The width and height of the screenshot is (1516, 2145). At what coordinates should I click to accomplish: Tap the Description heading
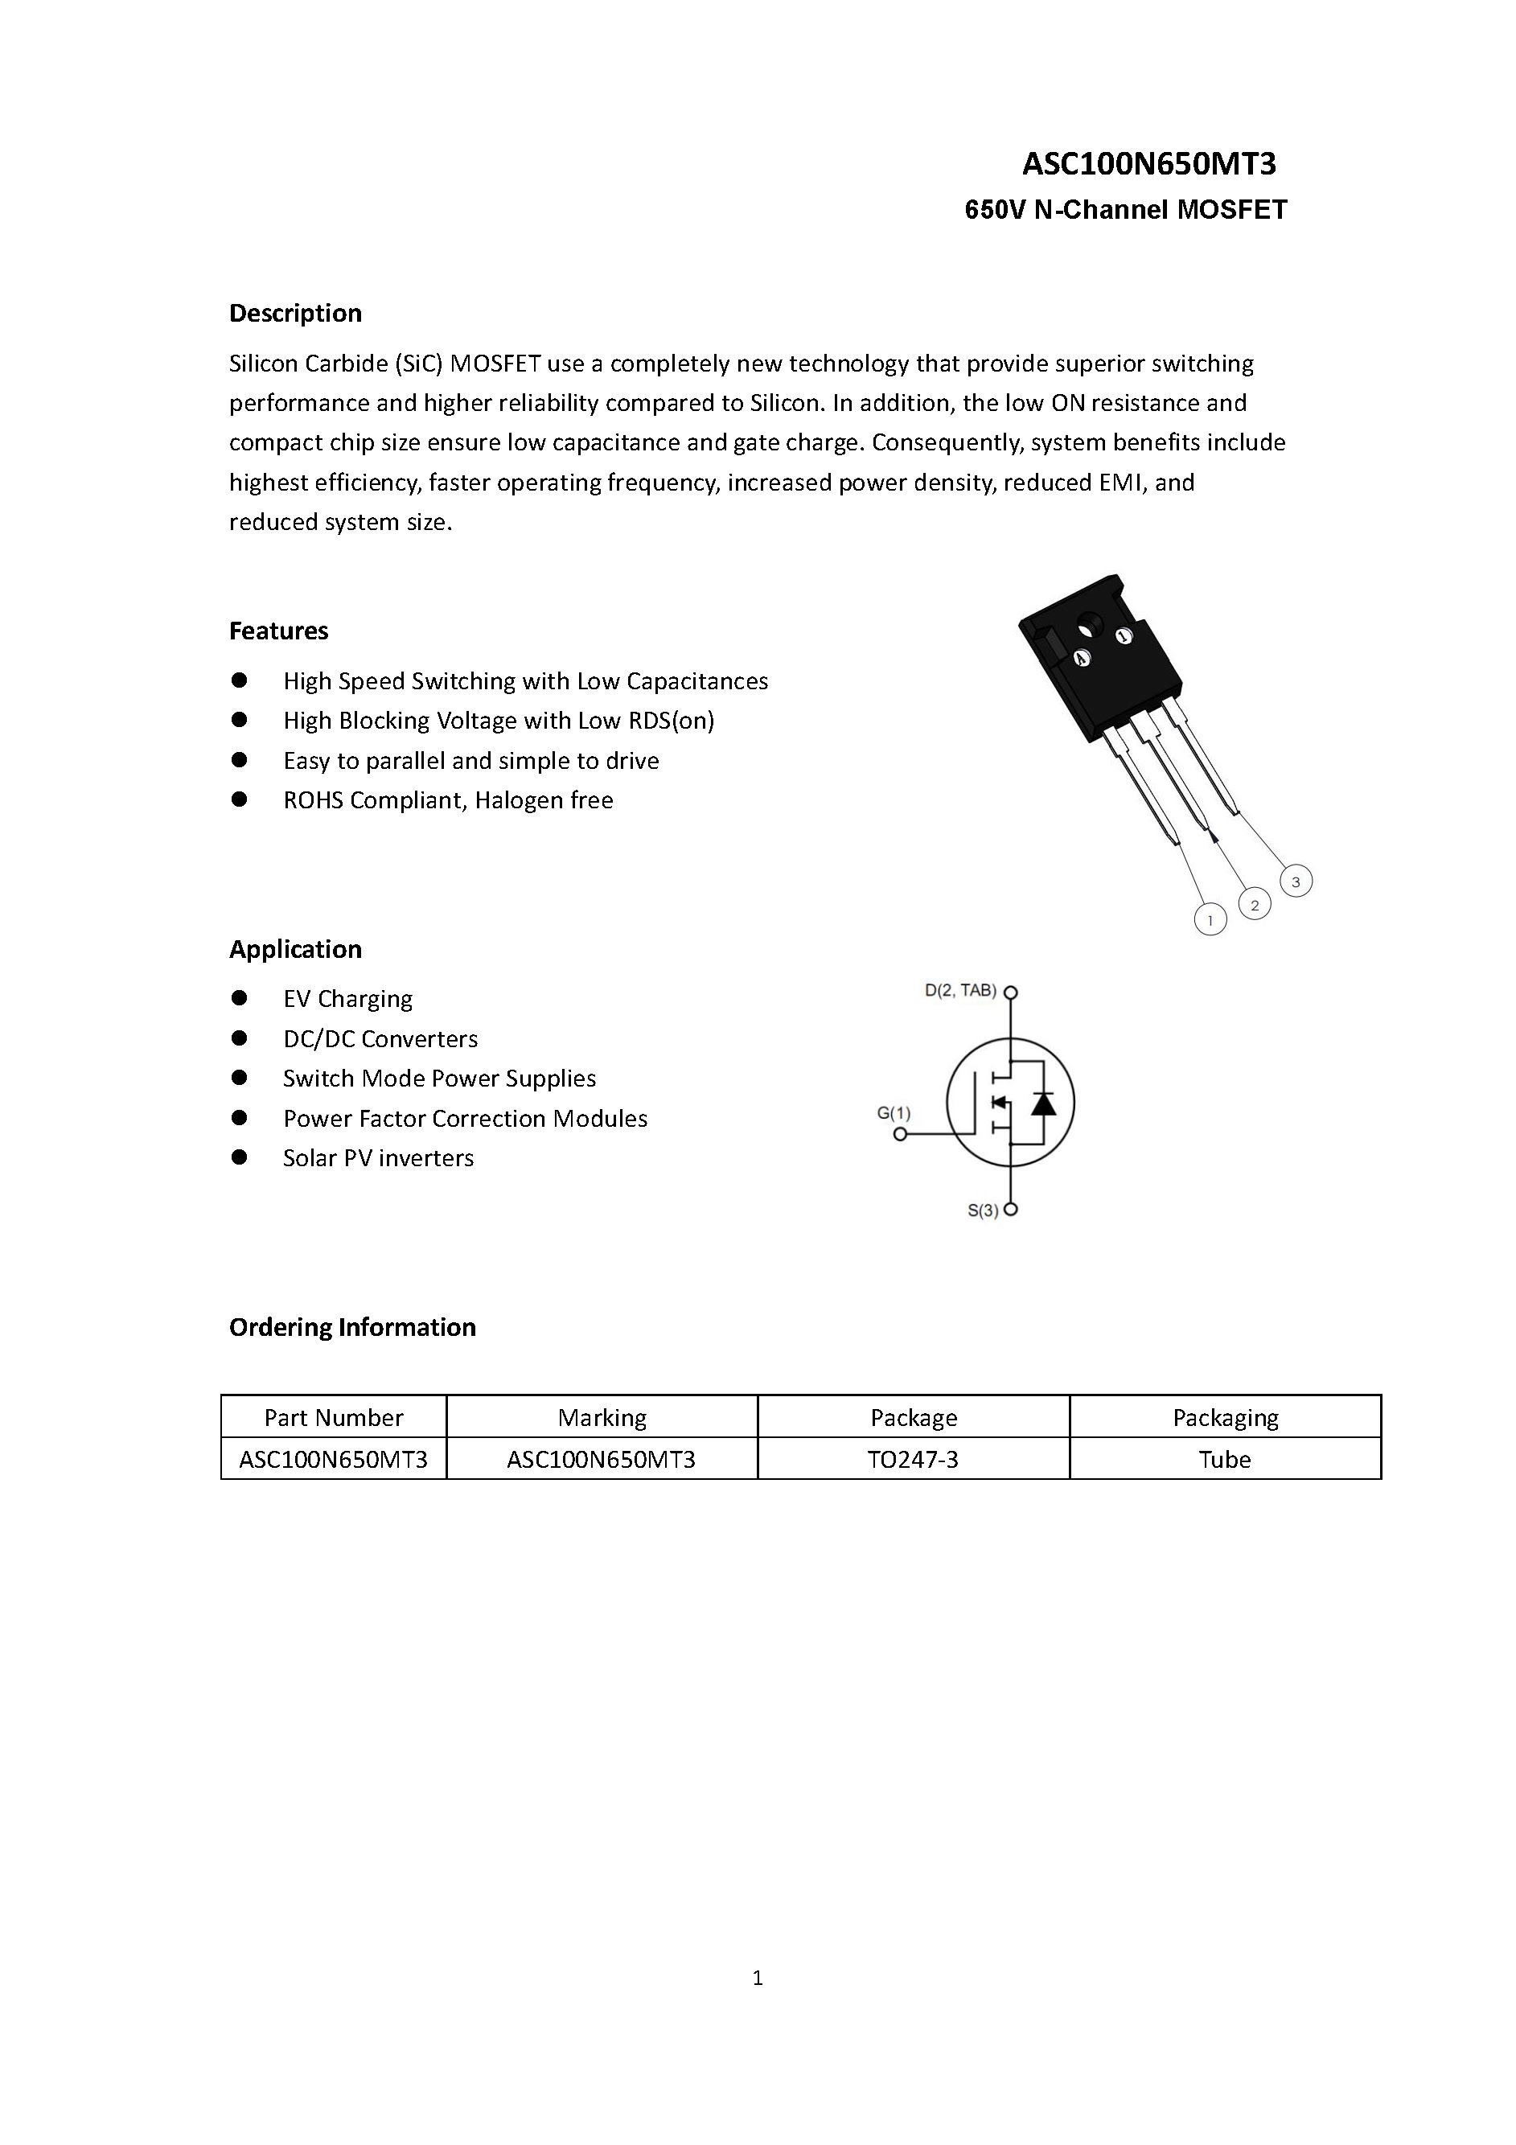point(295,313)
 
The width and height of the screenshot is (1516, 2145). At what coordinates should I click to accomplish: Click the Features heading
point(278,631)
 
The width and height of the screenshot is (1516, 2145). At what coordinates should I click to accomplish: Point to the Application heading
point(295,949)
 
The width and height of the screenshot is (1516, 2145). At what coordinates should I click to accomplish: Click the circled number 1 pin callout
point(1210,920)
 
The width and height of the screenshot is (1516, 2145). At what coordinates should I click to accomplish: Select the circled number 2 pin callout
point(1254,904)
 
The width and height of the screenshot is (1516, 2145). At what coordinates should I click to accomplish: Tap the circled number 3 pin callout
point(1295,881)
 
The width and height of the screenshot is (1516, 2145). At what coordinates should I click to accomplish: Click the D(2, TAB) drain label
point(960,990)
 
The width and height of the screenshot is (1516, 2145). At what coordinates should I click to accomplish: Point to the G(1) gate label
point(893,1112)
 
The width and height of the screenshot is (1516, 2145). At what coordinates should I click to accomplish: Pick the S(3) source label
point(983,1210)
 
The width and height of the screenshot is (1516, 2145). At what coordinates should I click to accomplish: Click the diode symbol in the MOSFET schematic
point(1043,1103)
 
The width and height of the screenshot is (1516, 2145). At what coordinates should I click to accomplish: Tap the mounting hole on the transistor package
point(1090,623)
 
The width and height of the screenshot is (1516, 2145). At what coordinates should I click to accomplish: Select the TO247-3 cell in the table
point(913,1459)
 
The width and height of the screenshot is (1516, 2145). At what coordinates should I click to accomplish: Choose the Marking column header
point(602,1417)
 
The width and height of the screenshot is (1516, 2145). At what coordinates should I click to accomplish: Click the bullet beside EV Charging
point(240,999)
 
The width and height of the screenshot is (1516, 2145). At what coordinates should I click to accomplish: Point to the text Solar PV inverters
point(378,1158)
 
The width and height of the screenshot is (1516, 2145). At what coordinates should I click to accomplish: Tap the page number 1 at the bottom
point(758,1977)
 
